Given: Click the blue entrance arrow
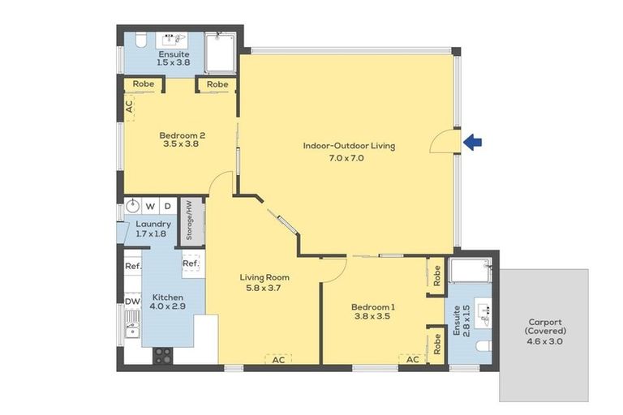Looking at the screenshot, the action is (x=472, y=142).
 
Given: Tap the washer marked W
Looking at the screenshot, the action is (x=150, y=206).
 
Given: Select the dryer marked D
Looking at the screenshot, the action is (x=168, y=206).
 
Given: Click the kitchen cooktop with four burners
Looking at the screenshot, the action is (x=163, y=356).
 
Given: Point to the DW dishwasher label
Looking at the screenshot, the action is (x=133, y=302).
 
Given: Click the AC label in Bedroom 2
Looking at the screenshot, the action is (x=129, y=107).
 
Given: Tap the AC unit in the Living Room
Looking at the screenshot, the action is (x=278, y=359).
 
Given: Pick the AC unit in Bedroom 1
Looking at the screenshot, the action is (x=413, y=359).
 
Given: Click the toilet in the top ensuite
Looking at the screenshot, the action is (x=140, y=40).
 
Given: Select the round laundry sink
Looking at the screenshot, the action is (x=133, y=206).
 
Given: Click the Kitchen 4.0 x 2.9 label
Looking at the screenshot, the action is (x=168, y=302).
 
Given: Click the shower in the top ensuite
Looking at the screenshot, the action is (x=220, y=53).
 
